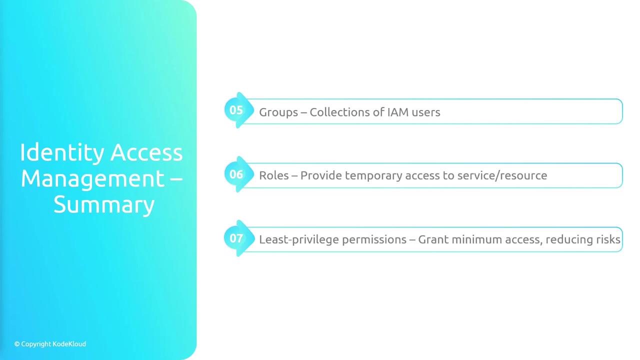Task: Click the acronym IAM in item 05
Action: (397, 112)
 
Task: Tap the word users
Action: (426, 112)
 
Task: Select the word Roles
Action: (273, 175)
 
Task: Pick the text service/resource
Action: (502, 175)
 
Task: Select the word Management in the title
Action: (92, 179)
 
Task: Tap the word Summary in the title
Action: (104, 205)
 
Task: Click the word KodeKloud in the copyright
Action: (69, 344)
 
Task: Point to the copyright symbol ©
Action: (17, 344)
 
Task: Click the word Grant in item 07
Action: (433, 239)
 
